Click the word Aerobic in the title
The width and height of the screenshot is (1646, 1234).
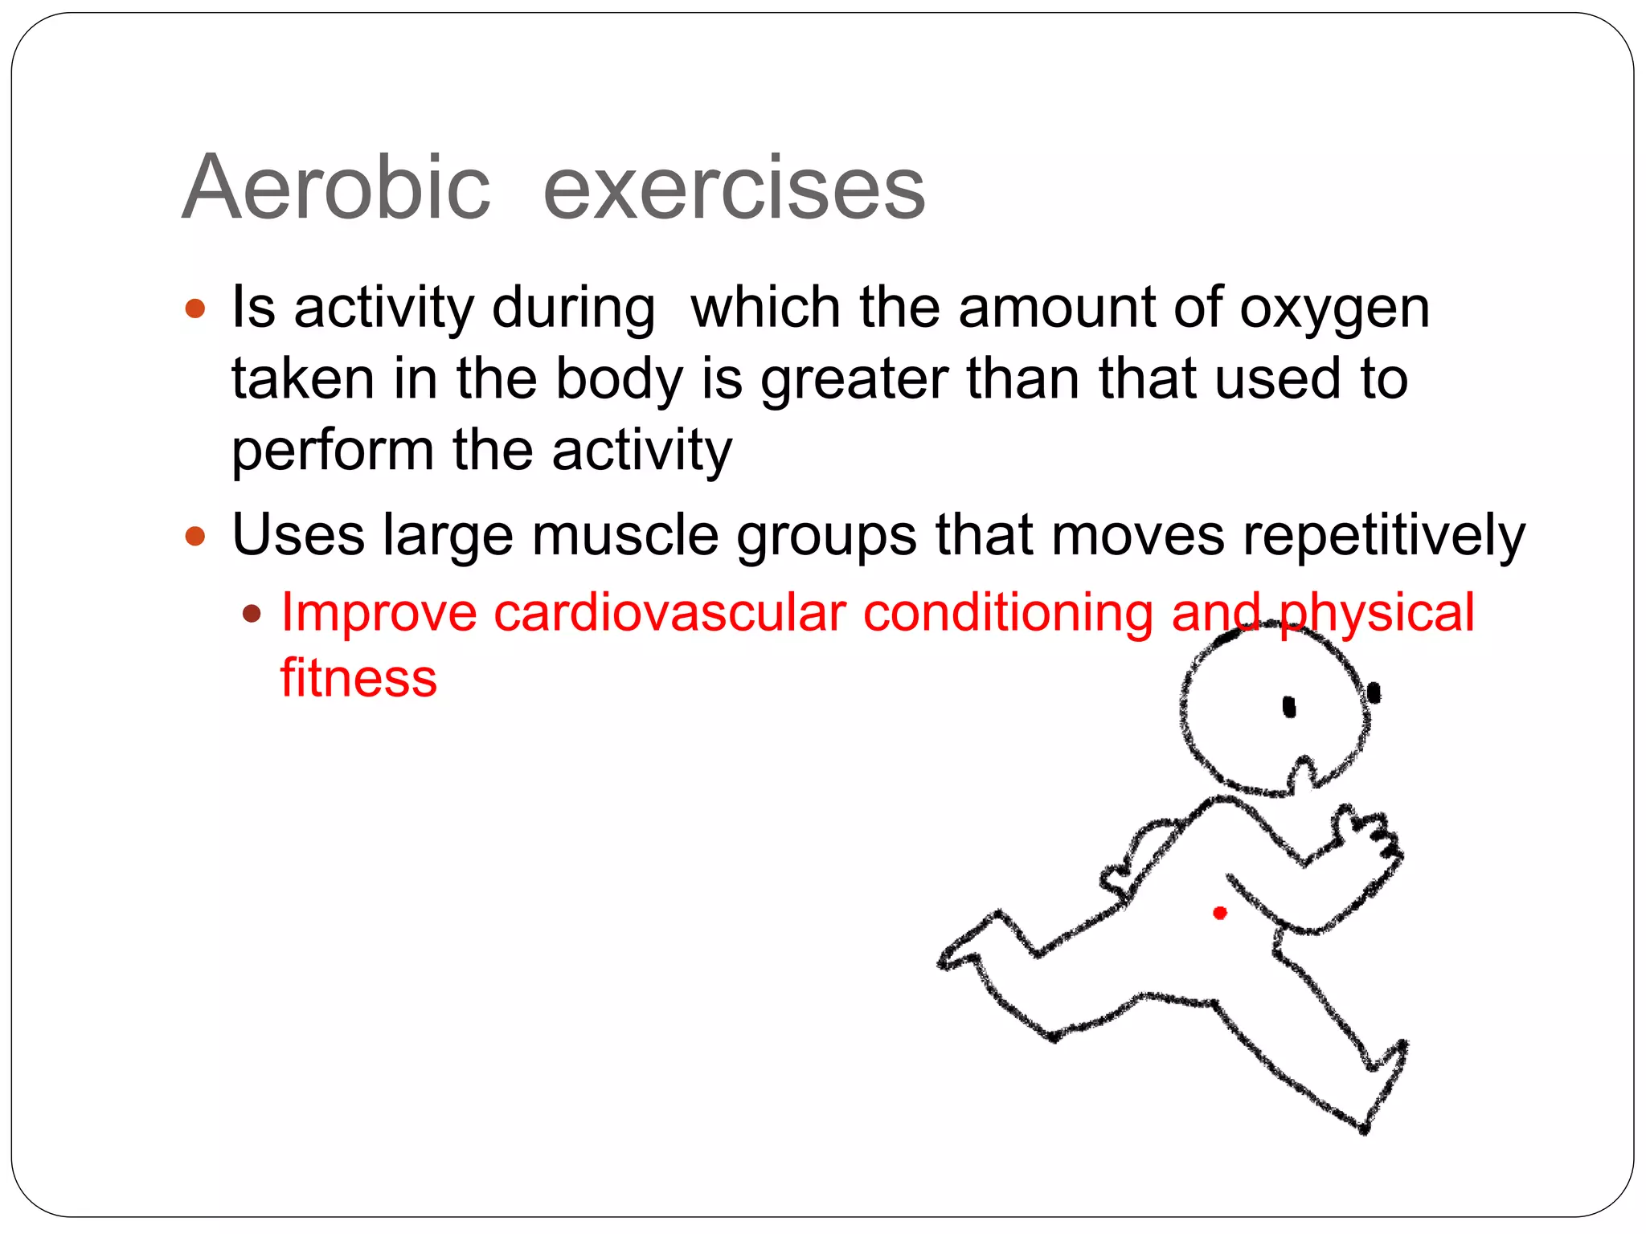tap(336, 188)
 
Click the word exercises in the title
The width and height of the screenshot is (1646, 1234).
tap(734, 190)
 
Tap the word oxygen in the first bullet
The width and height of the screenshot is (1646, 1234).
tap(1334, 309)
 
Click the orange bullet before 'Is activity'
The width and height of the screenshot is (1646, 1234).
tap(195, 308)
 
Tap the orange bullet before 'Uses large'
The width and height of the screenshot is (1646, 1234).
tap(195, 536)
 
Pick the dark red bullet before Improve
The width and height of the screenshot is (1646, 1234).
tap(252, 615)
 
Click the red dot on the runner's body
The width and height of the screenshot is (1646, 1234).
tap(1219, 913)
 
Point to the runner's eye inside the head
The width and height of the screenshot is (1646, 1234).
tap(1289, 707)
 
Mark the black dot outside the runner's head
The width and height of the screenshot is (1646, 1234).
tap(1374, 693)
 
